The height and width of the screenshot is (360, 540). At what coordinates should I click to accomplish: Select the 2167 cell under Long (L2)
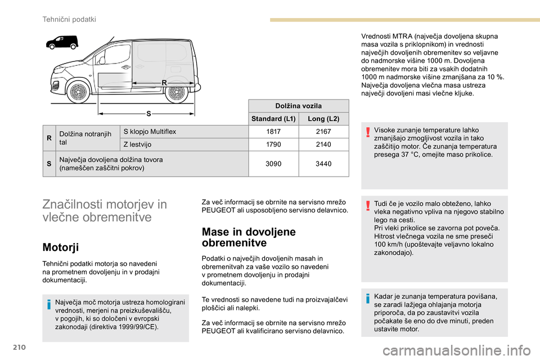(323, 132)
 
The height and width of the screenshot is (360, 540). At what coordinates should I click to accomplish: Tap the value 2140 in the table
(323, 145)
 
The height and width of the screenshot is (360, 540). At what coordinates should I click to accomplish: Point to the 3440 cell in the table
(323, 164)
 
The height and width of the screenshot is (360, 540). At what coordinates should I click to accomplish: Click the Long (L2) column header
(323, 119)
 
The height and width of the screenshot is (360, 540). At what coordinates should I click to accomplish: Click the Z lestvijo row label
(132, 145)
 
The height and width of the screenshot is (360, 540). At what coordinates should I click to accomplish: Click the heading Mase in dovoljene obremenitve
(249, 237)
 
